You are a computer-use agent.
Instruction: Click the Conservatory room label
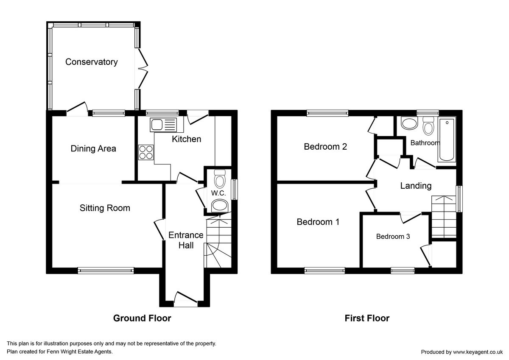pos(91,62)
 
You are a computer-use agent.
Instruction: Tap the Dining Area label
pos(93,149)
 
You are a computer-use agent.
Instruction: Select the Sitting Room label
pos(105,208)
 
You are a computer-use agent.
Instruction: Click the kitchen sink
pos(163,125)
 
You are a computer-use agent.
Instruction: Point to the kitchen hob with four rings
pos(146,152)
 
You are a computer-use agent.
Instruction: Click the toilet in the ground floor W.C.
pos(220,180)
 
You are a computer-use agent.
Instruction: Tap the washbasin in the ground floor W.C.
pos(220,207)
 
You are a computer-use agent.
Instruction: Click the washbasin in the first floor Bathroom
pos(409,124)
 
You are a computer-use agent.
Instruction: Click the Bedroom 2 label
pos(325,147)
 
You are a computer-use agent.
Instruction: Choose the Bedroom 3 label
pos(393,237)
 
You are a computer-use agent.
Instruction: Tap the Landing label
pos(416,186)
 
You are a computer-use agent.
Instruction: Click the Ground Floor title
pos(142,318)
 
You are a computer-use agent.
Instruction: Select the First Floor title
pos(367,318)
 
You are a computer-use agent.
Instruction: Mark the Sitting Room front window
pos(106,269)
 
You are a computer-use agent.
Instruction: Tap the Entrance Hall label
pos(186,240)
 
